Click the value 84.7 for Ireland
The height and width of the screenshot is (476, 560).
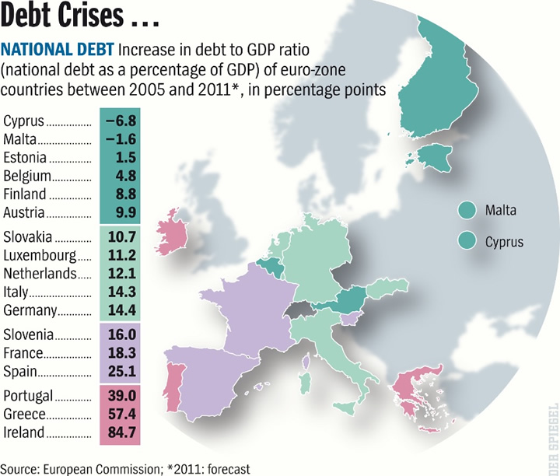(x=121, y=432)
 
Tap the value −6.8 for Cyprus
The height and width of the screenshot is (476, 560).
(x=121, y=121)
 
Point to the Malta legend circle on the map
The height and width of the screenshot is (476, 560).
(x=467, y=210)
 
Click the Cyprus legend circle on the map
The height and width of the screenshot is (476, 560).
(x=467, y=241)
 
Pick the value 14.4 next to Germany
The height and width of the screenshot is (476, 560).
(x=121, y=310)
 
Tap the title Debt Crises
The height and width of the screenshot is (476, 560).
(x=74, y=18)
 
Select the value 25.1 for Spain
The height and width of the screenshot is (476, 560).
(x=121, y=372)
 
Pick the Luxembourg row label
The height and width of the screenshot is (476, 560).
(x=40, y=254)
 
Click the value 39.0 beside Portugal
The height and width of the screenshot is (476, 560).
(x=121, y=395)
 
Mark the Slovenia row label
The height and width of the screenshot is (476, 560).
(x=30, y=334)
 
